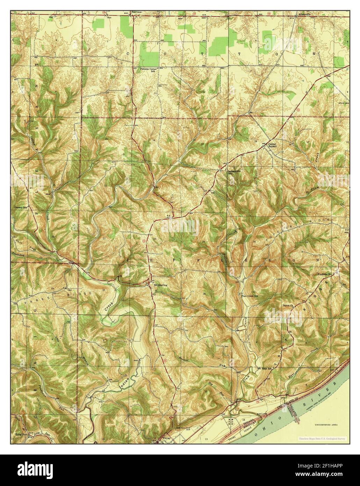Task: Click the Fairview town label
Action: (x=137, y=12)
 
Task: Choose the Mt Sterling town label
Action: (x=161, y=285)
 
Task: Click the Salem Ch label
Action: (x=288, y=305)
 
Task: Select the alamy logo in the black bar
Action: (x=31, y=470)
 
